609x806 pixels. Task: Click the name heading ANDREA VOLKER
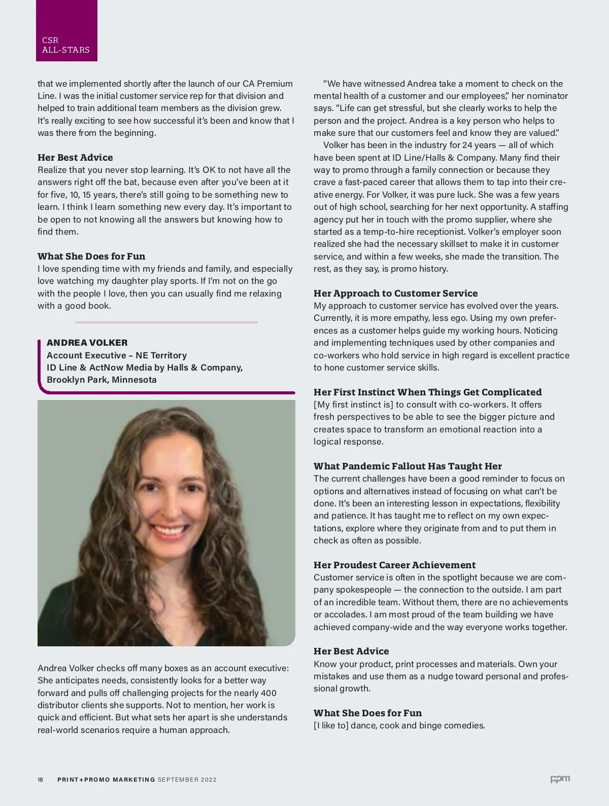click(87, 343)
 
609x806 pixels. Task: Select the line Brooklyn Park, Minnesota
click(101, 380)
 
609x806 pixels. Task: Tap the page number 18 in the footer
click(40, 780)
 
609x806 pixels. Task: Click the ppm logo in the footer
click(560, 779)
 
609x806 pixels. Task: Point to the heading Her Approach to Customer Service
click(395, 294)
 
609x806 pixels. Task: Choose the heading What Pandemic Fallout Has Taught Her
click(408, 466)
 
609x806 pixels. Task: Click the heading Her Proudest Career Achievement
click(394, 565)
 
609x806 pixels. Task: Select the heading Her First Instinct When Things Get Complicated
click(427, 392)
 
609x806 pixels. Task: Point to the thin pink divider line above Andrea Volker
click(166, 322)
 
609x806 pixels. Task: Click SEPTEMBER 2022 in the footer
click(187, 780)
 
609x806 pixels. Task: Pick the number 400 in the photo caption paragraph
click(268, 693)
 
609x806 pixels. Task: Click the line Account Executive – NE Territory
click(117, 355)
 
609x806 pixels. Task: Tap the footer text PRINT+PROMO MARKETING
click(106, 780)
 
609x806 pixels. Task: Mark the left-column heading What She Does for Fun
click(91, 257)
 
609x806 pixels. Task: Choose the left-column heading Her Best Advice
click(75, 158)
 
